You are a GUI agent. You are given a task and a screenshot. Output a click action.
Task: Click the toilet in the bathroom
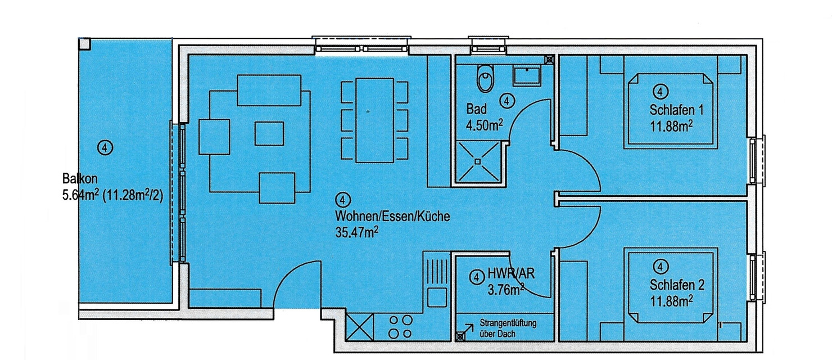click(x=486, y=78)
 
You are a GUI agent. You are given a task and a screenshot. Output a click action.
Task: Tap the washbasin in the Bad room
click(x=527, y=76)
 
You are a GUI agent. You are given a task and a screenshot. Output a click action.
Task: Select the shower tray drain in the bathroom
click(x=478, y=161)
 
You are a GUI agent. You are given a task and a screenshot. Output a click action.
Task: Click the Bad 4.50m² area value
click(x=485, y=125)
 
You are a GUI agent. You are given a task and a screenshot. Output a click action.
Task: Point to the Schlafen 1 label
click(x=676, y=110)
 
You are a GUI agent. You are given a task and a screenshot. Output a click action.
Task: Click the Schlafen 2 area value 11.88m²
click(x=671, y=301)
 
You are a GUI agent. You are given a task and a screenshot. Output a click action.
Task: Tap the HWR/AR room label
click(x=510, y=274)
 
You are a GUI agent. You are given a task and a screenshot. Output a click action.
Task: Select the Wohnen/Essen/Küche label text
click(x=392, y=216)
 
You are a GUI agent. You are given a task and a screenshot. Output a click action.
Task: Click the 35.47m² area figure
click(x=356, y=232)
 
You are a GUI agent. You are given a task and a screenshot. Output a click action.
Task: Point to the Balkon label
click(x=80, y=179)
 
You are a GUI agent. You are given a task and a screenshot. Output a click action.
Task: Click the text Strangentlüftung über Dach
click(x=508, y=328)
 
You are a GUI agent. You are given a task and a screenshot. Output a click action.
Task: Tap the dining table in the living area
click(x=374, y=120)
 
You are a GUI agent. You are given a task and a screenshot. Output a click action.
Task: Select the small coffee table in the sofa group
click(x=269, y=133)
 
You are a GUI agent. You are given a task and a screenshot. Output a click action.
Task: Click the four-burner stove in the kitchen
click(x=400, y=327)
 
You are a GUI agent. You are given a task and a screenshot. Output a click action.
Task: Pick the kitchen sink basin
click(x=437, y=297)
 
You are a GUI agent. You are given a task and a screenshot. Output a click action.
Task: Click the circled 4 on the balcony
click(x=105, y=148)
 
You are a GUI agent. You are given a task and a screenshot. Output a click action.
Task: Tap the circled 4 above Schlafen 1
click(x=661, y=91)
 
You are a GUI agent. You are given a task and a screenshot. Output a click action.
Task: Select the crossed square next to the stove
click(x=359, y=327)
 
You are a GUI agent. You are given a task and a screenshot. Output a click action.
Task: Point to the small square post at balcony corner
click(x=84, y=43)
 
